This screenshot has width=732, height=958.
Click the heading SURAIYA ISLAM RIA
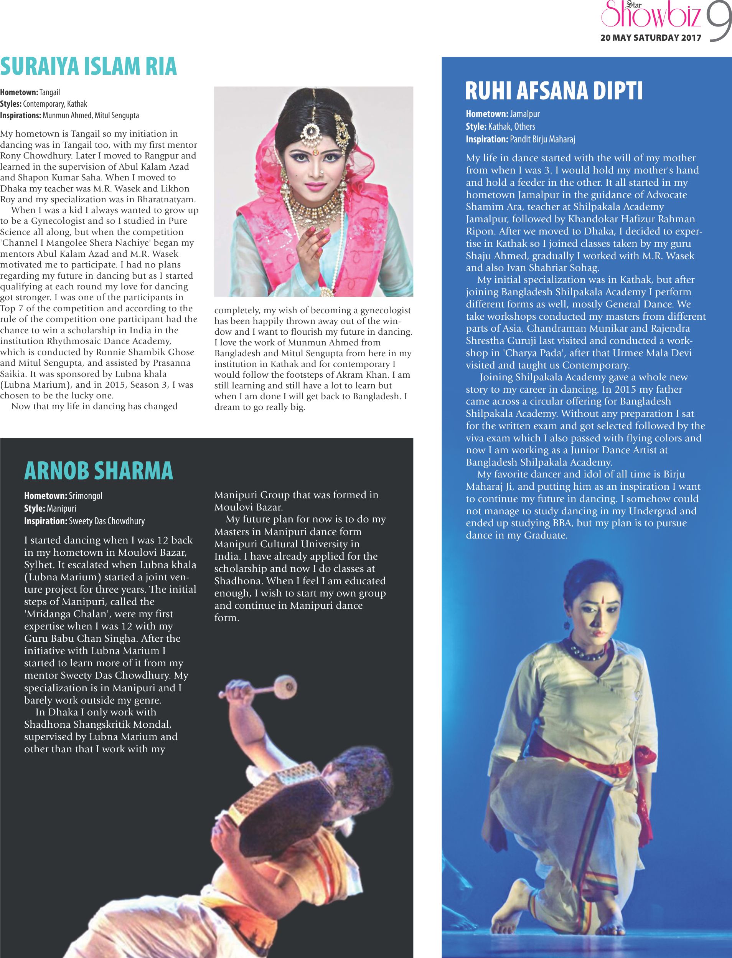(89, 67)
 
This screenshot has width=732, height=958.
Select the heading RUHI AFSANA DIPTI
(554, 91)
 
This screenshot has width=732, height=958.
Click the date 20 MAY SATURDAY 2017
(651, 38)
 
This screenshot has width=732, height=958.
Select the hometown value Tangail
(49, 92)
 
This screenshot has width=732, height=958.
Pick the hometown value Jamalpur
(524, 114)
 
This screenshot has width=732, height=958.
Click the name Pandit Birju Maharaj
(542, 139)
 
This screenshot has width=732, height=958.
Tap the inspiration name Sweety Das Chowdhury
(107, 521)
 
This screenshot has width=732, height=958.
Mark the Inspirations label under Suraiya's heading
(20, 116)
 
